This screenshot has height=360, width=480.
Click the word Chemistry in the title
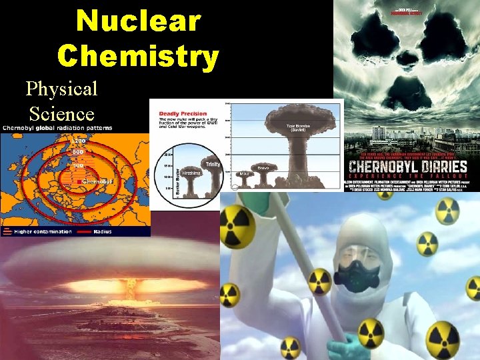[x=138, y=55]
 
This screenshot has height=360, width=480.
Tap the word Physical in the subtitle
[x=61, y=88]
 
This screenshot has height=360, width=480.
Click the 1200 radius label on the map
[x=79, y=141]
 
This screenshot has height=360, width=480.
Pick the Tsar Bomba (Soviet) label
[x=296, y=127]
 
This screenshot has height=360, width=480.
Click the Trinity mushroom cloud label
[x=213, y=164]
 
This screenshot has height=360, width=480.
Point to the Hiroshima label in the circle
[x=191, y=173]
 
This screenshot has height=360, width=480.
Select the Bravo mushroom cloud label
[x=263, y=167]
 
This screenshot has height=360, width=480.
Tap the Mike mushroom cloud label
[x=245, y=173]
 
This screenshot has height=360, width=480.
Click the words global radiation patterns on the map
[x=78, y=128]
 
